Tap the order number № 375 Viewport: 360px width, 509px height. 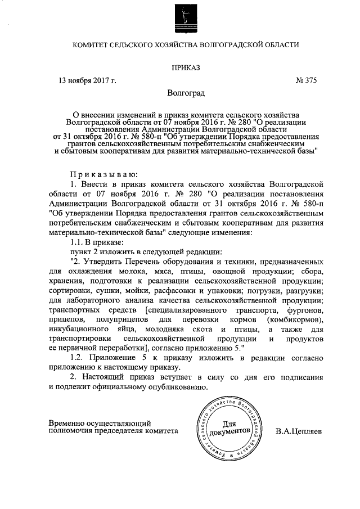tap(307, 80)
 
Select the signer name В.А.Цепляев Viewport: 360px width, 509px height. tap(299, 431)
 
